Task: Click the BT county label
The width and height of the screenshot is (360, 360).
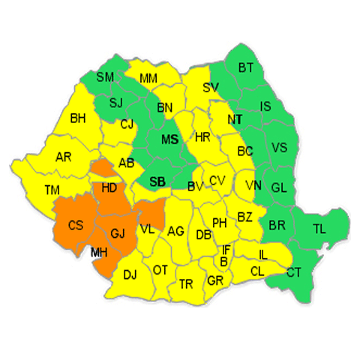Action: tap(247, 68)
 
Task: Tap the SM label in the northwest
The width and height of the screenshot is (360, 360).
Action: tap(105, 77)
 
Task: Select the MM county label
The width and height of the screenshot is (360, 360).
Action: tap(148, 78)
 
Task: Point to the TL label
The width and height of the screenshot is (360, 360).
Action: tap(319, 229)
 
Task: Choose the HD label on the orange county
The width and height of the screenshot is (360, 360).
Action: tap(109, 187)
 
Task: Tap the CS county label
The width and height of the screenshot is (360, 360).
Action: tap(76, 225)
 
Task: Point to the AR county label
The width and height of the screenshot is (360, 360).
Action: tap(64, 157)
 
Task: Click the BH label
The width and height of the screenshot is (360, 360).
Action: tap(78, 118)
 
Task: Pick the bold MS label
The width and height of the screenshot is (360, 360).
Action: tap(170, 139)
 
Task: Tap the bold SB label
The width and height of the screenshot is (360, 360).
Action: tap(157, 181)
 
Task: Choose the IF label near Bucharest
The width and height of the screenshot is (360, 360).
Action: tap(226, 249)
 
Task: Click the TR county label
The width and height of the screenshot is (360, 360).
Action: tap(185, 283)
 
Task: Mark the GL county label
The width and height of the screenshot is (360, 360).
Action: tap(278, 187)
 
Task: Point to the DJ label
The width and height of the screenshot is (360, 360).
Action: tap(130, 274)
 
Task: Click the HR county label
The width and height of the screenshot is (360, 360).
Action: tap(202, 138)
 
